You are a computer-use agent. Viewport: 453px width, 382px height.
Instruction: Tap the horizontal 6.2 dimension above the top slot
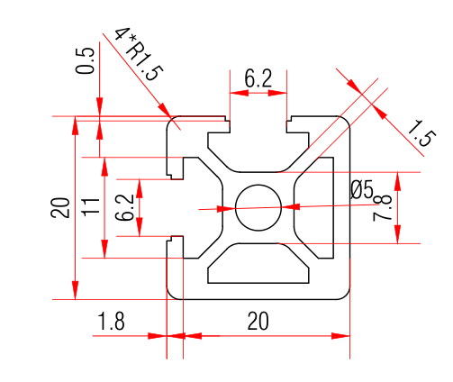click(258, 79)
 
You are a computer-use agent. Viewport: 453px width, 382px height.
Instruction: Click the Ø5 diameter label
click(361, 189)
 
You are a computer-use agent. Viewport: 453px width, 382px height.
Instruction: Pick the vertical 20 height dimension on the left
click(60, 208)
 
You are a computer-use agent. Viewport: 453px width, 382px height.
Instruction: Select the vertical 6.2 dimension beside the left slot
click(125, 208)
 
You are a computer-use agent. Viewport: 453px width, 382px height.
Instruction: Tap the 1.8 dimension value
click(111, 321)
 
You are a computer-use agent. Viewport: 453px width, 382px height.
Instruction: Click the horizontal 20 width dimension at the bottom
click(258, 321)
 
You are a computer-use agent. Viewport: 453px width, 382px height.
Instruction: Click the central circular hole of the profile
click(258, 207)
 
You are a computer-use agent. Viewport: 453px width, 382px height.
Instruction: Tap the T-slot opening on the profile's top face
click(258, 126)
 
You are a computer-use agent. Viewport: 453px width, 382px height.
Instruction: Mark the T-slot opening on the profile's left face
click(176, 207)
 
